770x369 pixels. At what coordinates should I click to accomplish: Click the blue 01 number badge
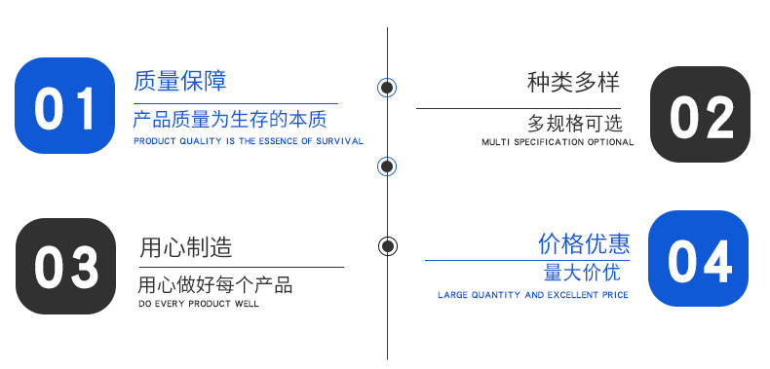pos(65,106)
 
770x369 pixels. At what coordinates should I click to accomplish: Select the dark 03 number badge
pos(65,266)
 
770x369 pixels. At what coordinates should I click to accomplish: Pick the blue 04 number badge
pos(699,259)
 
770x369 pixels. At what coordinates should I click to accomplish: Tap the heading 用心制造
pos(186,247)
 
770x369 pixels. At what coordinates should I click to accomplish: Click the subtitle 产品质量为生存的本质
pos(230,120)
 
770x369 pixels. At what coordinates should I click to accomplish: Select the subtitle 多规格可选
pos(575,124)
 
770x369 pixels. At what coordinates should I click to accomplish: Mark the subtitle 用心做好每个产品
pos(215,285)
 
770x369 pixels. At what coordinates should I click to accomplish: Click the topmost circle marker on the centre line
pos(387,88)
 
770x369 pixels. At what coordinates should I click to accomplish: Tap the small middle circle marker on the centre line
pos(387,166)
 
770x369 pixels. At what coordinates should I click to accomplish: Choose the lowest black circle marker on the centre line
pos(387,245)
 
